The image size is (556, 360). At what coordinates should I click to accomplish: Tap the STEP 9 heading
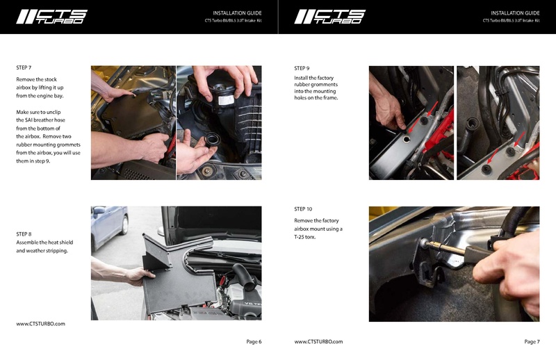click(302, 68)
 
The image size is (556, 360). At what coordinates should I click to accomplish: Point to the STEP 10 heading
click(303, 208)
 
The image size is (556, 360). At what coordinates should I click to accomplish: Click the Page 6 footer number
click(254, 341)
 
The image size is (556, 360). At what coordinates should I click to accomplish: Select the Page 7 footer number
click(532, 341)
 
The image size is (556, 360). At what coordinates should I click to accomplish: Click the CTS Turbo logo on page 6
click(51, 17)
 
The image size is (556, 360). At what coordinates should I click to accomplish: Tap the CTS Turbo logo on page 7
click(329, 17)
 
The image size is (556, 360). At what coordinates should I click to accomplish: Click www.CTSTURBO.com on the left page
click(40, 324)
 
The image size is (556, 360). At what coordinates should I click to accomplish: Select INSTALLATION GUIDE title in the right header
click(515, 13)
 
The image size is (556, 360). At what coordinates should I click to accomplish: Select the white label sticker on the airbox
click(226, 99)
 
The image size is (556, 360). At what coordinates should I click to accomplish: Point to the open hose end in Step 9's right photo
click(473, 125)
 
